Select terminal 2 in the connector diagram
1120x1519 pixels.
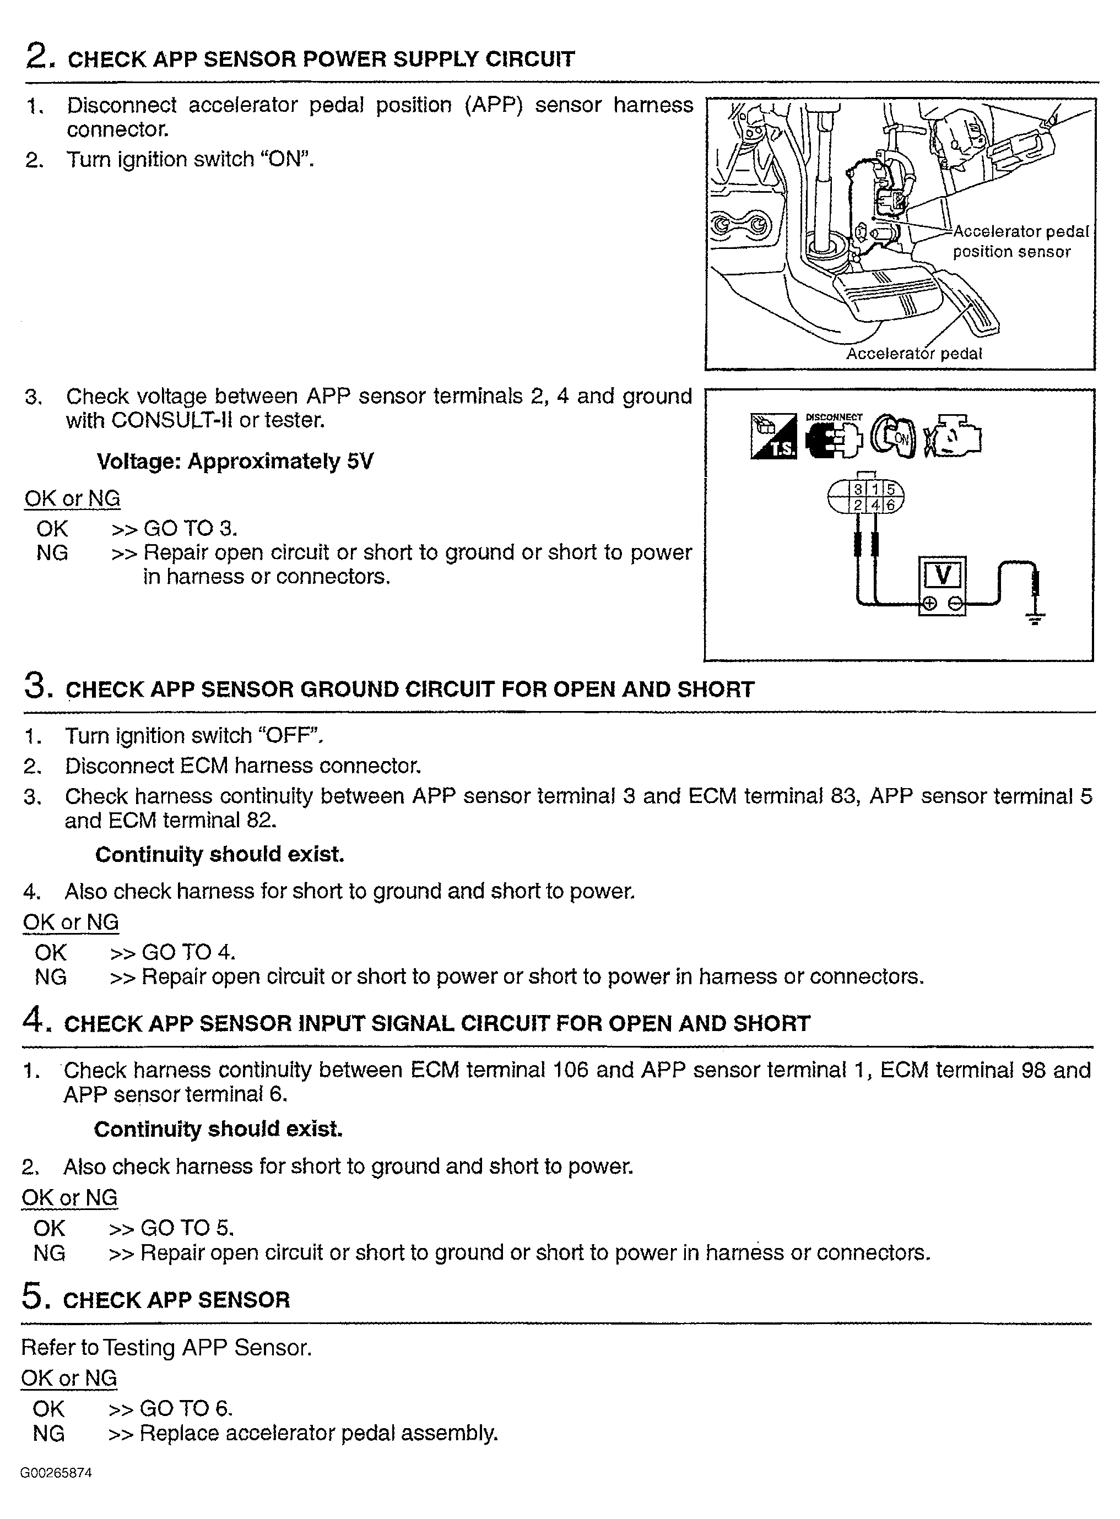(x=858, y=505)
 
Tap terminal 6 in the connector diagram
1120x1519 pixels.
(x=891, y=505)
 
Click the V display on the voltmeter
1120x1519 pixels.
(x=942, y=576)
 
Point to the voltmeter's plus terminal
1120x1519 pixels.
(x=929, y=603)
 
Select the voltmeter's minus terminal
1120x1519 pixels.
(x=955, y=603)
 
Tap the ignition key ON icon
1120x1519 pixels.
(x=893, y=437)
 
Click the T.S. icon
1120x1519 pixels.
(x=773, y=437)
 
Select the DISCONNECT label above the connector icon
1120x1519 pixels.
(x=834, y=417)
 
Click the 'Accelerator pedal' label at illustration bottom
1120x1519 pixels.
(x=913, y=354)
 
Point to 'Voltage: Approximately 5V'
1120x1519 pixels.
(x=235, y=462)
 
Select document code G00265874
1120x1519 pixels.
(x=56, y=1473)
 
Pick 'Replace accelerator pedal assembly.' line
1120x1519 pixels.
(x=318, y=1434)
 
